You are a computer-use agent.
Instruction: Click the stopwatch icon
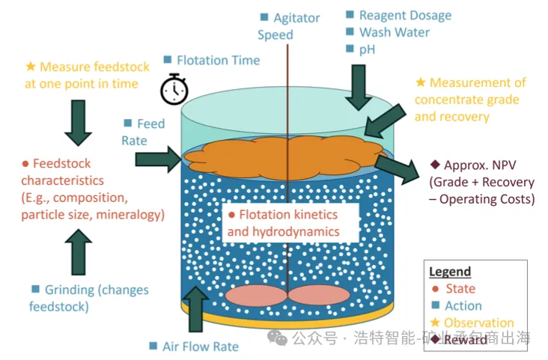coord(174,88)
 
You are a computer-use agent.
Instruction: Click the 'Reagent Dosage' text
coord(405,15)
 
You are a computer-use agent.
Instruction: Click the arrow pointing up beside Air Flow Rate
coord(196,308)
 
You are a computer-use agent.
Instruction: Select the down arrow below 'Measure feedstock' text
coord(78,120)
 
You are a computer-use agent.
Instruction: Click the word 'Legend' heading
coord(450,272)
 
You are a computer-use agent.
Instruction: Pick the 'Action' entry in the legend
coord(463,305)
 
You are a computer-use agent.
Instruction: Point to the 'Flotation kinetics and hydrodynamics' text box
coord(283,223)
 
